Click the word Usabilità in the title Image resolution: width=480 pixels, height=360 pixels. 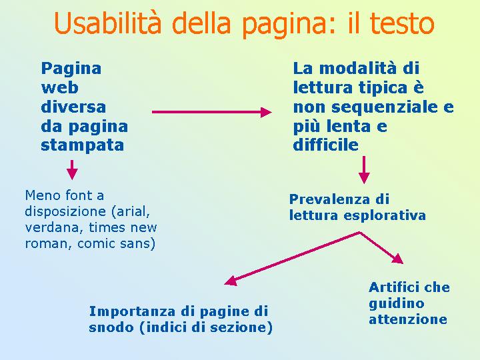[x=107, y=23]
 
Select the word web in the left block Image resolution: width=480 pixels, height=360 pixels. [x=60, y=88]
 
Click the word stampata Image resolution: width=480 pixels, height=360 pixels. [x=83, y=145]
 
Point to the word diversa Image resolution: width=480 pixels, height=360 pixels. [x=73, y=107]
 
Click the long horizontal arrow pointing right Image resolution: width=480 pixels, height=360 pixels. [x=212, y=112]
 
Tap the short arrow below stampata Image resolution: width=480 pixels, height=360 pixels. [x=72, y=169]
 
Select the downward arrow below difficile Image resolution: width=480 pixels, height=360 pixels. [x=364, y=170]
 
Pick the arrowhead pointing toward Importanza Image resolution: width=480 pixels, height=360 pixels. [x=231, y=281]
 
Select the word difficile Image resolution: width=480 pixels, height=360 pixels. [x=326, y=145]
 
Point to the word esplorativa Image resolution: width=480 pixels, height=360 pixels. [x=385, y=215]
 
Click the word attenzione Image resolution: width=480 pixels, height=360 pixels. [x=408, y=319]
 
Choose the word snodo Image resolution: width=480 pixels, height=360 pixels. [x=111, y=327]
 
